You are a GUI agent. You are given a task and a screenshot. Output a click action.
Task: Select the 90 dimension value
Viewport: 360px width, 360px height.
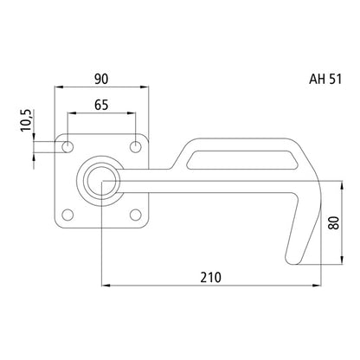pyautogui.click(x=101, y=78)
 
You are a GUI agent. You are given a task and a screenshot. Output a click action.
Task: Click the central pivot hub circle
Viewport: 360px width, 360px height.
pyautogui.click(x=101, y=180)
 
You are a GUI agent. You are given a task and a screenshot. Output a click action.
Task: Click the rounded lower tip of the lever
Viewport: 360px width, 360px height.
pyautogui.click(x=292, y=259)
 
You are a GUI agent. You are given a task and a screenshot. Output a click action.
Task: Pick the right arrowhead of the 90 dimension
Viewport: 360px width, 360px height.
pyautogui.click(x=145, y=87)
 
